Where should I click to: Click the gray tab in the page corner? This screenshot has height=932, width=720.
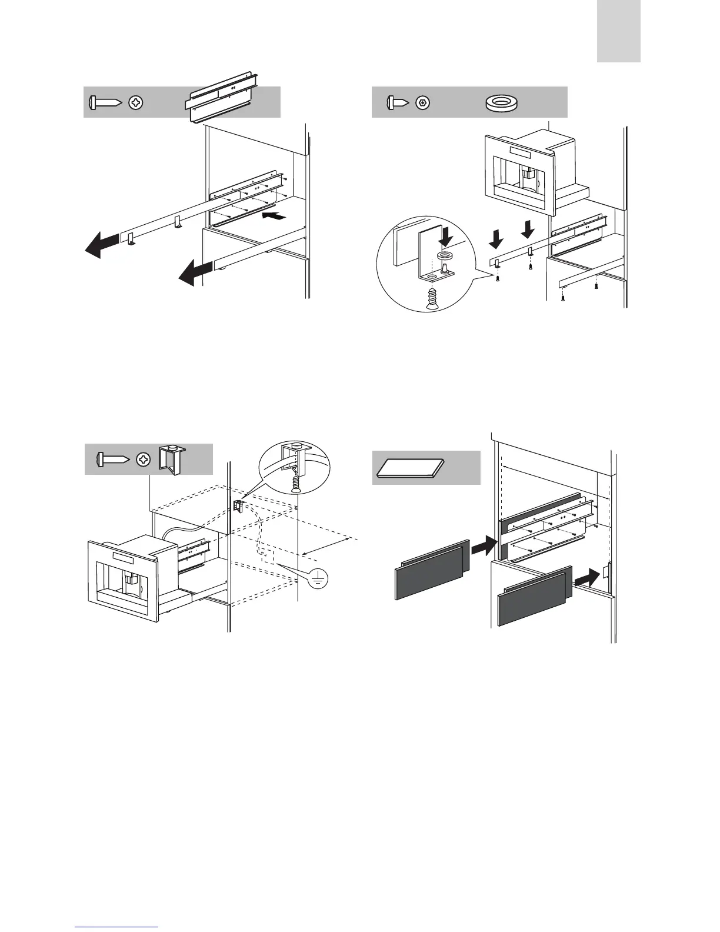pyautogui.click(x=618, y=31)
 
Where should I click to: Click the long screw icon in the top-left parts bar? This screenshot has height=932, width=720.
pyautogui.click(x=105, y=102)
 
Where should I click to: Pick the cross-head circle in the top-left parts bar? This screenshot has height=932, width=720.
pyautogui.click(x=135, y=102)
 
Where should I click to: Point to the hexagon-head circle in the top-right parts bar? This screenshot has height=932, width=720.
pyautogui.click(x=422, y=103)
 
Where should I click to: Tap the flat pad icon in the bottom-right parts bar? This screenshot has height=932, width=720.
pyautogui.click(x=410, y=467)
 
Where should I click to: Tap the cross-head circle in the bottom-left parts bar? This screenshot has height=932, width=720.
pyautogui.click(x=143, y=459)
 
